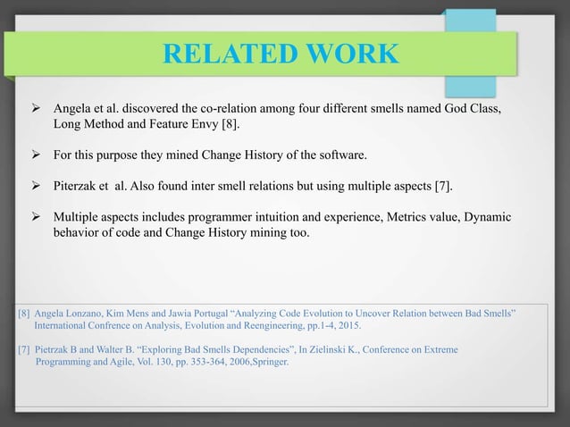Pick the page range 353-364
(182, 364)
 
